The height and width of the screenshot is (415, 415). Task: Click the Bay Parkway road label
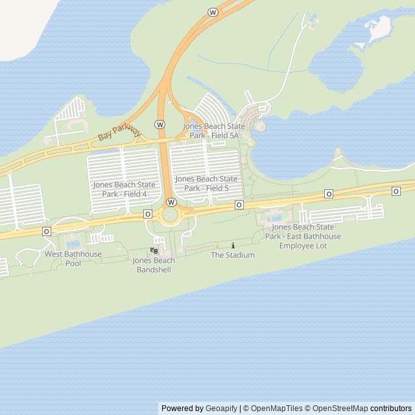pyautogui.click(x=119, y=132)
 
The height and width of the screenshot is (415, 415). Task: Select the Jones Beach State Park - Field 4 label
pyautogui.click(x=124, y=189)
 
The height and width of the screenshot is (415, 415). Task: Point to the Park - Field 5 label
pyautogui.click(x=206, y=188)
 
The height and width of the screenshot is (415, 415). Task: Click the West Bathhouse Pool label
pyautogui.click(x=73, y=259)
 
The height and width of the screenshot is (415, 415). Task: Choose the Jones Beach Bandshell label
pyautogui.click(x=154, y=265)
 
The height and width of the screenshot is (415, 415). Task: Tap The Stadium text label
pyautogui.click(x=233, y=255)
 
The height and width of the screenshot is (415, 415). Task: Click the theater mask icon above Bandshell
pyautogui.click(x=154, y=250)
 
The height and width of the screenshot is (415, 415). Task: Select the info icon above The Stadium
pyautogui.click(x=233, y=245)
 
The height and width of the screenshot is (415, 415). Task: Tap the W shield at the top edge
pyautogui.click(x=213, y=12)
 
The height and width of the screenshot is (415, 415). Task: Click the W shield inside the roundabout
pyautogui.click(x=171, y=202)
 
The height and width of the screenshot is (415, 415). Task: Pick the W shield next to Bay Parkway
pyautogui.click(x=160, y=124)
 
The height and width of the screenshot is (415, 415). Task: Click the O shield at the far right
pyautogui.click(x=396, y=191)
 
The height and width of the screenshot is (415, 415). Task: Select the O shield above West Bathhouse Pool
pyautogui.click(x=47, y=231)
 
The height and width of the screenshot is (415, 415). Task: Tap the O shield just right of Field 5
pyautogui.click(x=239, y=205)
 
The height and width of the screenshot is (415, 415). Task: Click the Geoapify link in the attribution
pyautogui.click(x=221, y=409)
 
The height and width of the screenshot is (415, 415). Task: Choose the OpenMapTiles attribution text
pyautogui.click(x=276, y=409)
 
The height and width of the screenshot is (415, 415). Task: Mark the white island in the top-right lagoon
pyautogui.click(x=379, y=28)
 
